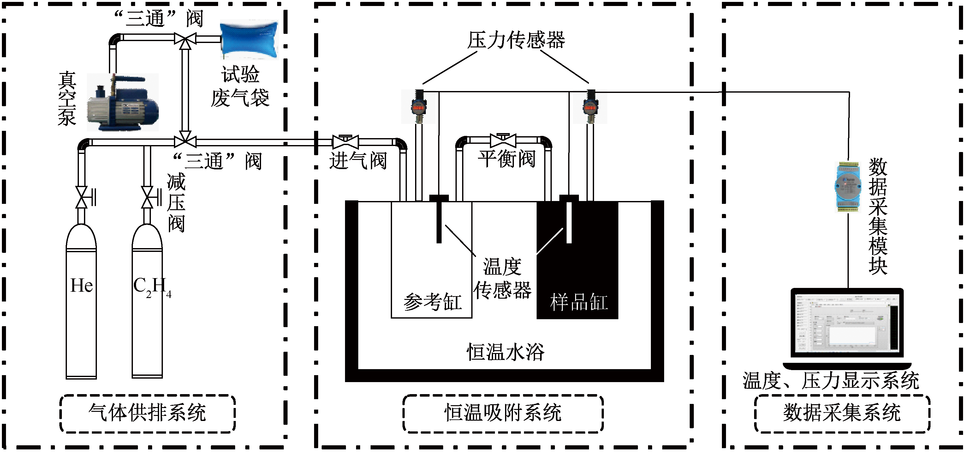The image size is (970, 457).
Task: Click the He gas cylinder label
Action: [82, 285]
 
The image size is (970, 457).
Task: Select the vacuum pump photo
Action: [123, 102]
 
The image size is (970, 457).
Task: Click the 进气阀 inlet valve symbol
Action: [346, 141]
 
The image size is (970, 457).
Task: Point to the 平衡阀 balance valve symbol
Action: [503, 140]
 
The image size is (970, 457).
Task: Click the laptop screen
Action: [847, 323]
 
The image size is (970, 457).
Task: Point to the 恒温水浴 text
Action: [505, 352]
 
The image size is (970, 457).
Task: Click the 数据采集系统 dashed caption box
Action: [842, 413]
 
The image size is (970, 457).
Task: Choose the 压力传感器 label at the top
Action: [516, 40]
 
